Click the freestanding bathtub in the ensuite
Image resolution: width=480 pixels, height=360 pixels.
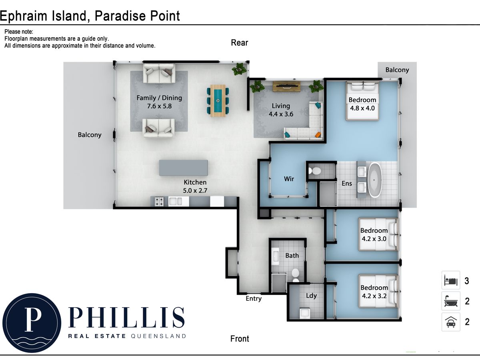pos(374,180)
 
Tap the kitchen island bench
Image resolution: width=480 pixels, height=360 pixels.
pos(183,168)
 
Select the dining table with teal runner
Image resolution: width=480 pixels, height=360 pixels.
pos(218,100)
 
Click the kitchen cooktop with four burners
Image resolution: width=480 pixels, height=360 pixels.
pos(159,202)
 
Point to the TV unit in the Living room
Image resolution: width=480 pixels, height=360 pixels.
pos(286,86)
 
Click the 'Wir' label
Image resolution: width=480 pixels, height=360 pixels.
pos(289,179)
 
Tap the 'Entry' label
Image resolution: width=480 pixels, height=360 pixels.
pos(254,298)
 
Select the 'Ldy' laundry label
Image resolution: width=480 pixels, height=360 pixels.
pos(311,296)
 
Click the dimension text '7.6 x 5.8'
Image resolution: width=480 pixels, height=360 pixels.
pos(159,106)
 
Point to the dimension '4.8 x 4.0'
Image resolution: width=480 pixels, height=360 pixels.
pos(362,108)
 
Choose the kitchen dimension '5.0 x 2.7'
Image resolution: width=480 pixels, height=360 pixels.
pos(195,191)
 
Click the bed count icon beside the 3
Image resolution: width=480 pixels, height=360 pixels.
pos(451,280)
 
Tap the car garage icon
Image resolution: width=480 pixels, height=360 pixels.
pos(451,322)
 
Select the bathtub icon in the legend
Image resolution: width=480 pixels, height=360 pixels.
pos(451,301)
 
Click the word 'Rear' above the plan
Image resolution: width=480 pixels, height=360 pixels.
pos(240,43)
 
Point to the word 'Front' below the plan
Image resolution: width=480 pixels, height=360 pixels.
pos(240,339)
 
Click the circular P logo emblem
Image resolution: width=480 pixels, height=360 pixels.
pos(32,323)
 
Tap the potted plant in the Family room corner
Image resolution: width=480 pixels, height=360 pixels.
pos(240,69)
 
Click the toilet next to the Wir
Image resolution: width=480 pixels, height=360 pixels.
pos(314,171)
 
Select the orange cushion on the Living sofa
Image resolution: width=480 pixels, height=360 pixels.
pos(318,134)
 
